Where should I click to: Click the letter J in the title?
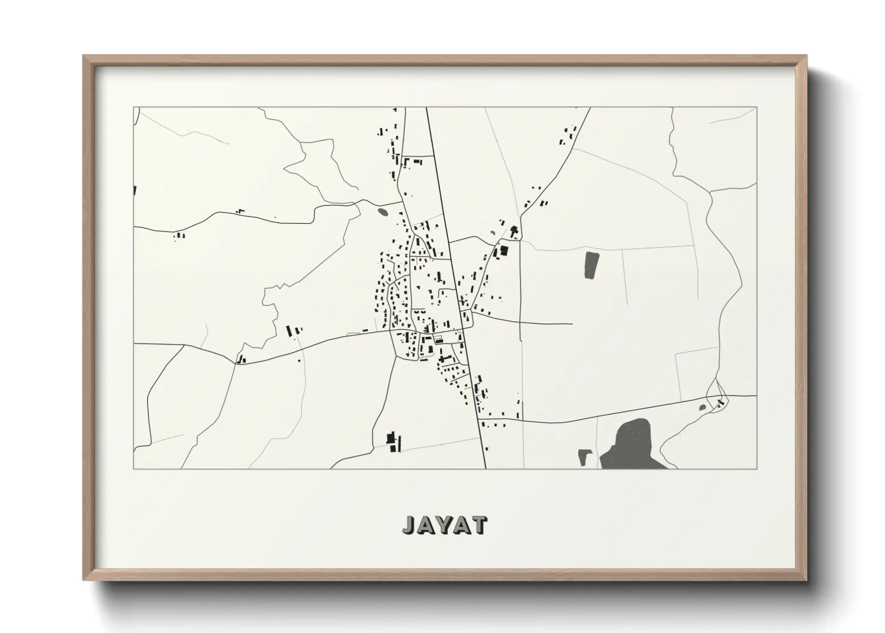point(408,525)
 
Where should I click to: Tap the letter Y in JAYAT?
point(443,525)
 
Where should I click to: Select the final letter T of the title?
point(479,525)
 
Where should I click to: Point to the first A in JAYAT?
point(425,525)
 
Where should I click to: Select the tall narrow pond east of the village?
point(591,265)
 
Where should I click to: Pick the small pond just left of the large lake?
point(584,458)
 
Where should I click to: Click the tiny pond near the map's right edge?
point(703,408)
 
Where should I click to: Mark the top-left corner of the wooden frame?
point(84,56)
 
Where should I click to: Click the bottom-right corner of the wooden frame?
point(807,580)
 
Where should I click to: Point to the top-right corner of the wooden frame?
point(807,56)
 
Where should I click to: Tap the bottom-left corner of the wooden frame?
point(84,580)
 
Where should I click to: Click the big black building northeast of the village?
point(503,251)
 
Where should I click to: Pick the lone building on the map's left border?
point(135,191)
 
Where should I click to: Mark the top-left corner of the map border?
point(133,108)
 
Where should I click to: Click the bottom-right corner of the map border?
point(756,468)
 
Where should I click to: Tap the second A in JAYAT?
point(461,525)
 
